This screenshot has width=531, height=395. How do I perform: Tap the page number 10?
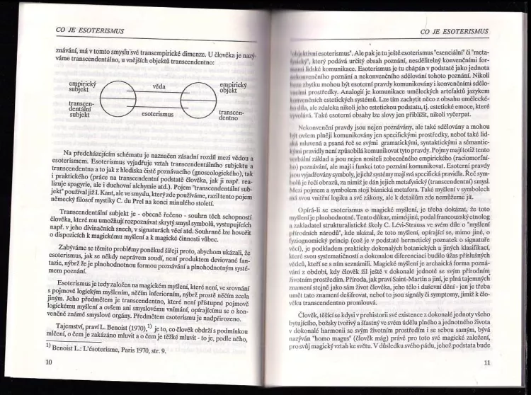[48, 362]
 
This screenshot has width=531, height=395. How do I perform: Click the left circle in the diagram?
[120, 100]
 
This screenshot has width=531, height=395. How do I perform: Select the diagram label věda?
[159, 86]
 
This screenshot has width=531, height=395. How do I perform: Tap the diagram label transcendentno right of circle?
[234, 115]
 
